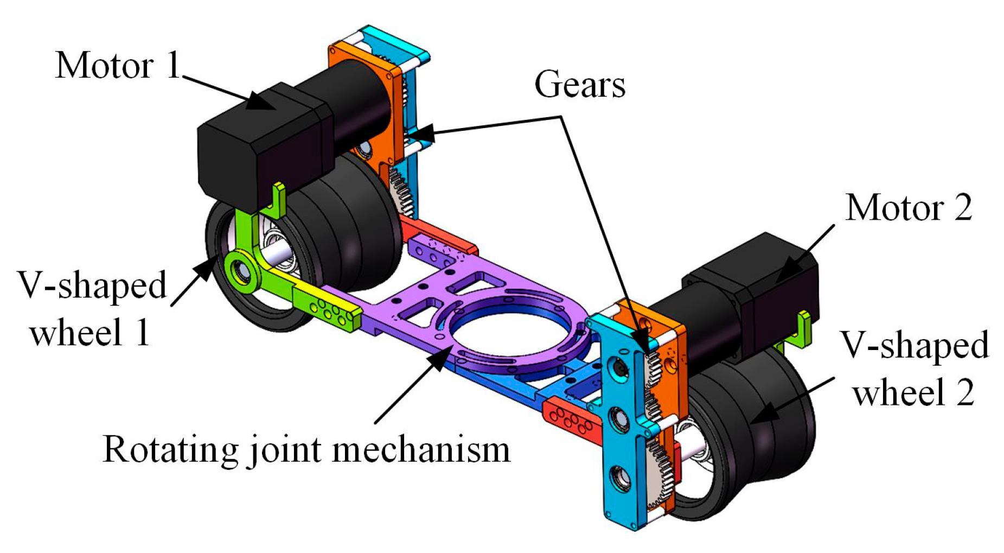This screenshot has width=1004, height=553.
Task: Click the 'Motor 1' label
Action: [x=118, y=66]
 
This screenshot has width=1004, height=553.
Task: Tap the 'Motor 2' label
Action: [x=908, y=208]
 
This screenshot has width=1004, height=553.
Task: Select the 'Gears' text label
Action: [x=579, y=85]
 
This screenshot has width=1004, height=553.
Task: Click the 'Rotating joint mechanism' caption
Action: [x=306, y=450]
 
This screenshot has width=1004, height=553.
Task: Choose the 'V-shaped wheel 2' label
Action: [x=915, y=368]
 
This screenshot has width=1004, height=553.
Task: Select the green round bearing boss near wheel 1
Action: [x=239, y=270]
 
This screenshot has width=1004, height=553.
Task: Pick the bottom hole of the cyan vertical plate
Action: [x=619, y=478]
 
